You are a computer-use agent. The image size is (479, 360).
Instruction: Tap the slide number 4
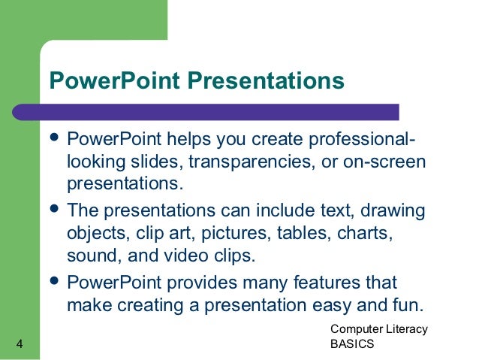(x=19, y=345)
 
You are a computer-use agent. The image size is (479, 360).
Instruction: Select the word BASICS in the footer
(x=352, y=345)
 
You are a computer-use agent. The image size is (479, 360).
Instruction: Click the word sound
(x=90, y=255)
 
